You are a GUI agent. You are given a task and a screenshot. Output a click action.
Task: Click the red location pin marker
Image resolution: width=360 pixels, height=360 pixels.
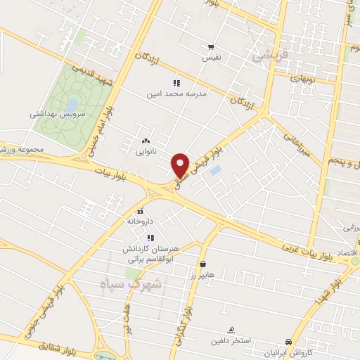181,164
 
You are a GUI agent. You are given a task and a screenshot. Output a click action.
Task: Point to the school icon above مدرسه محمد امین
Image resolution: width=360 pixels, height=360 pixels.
176,82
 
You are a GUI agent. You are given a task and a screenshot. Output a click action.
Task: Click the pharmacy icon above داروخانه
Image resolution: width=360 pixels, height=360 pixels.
140,210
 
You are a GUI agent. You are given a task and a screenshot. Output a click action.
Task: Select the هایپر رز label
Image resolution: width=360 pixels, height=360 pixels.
204,276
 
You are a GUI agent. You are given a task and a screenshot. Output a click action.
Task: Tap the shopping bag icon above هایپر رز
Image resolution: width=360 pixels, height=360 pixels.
203,264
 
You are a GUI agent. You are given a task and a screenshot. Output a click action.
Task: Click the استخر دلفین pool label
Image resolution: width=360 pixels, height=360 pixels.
230,342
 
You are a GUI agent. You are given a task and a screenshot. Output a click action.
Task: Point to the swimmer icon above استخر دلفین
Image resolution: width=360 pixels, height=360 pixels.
231,330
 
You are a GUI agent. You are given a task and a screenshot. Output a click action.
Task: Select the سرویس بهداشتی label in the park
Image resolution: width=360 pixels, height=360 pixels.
58,113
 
